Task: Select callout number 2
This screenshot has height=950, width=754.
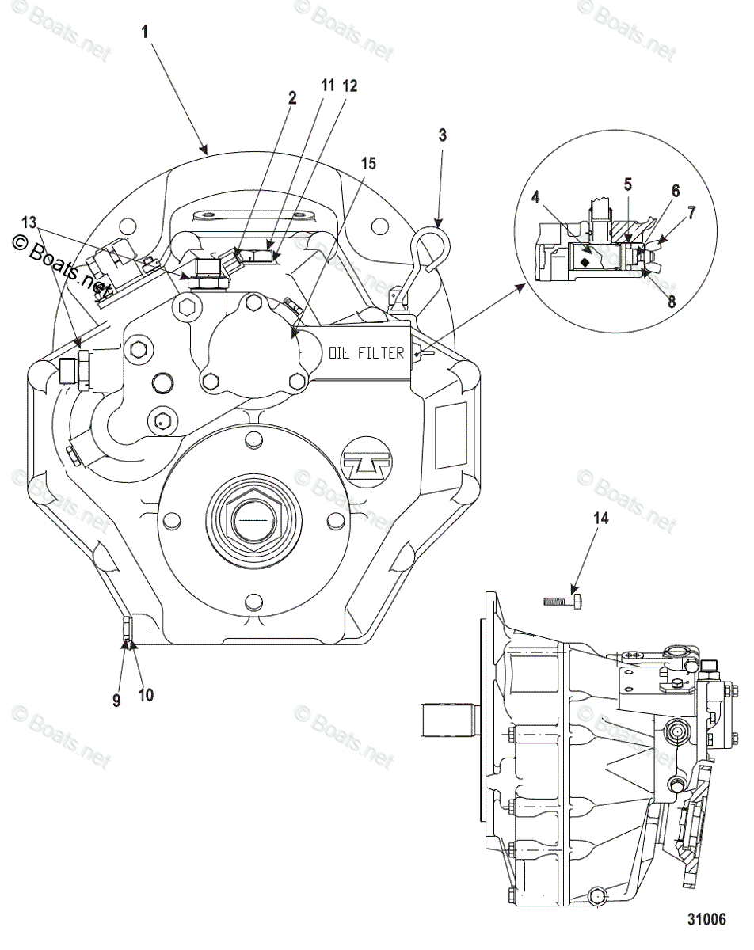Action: tap(292, 97)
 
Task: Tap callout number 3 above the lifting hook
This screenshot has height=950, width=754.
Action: tap(442, 135)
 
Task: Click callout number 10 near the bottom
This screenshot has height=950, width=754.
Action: tap(146, 694)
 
